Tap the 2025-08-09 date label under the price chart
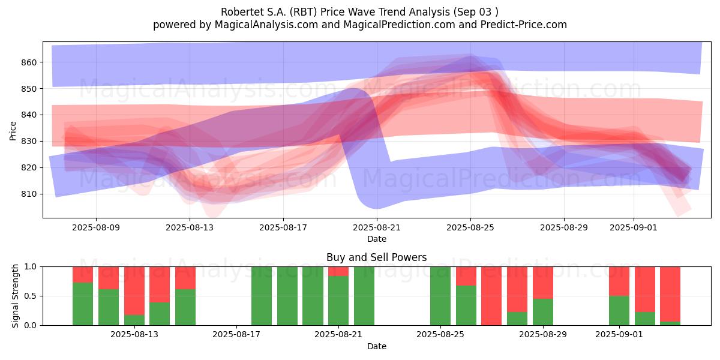pyautogui.click(x=96, y=228)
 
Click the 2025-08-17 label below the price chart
pyautogui.click(x=283, y=228)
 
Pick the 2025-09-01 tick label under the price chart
pyautogui.click(x=634, y=228)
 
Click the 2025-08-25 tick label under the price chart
pyautogui.click(x=470, y=228)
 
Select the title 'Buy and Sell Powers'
pyautogui.click(x=377, y=258)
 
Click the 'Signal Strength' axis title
pyautogui.click(x=16, y=296)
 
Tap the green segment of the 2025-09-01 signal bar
pyautogui.click(x=619, y=310)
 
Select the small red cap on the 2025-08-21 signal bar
pyautogui.click(x=338, y=271)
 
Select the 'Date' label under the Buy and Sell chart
pyautogui.click(x=377, y=346)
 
